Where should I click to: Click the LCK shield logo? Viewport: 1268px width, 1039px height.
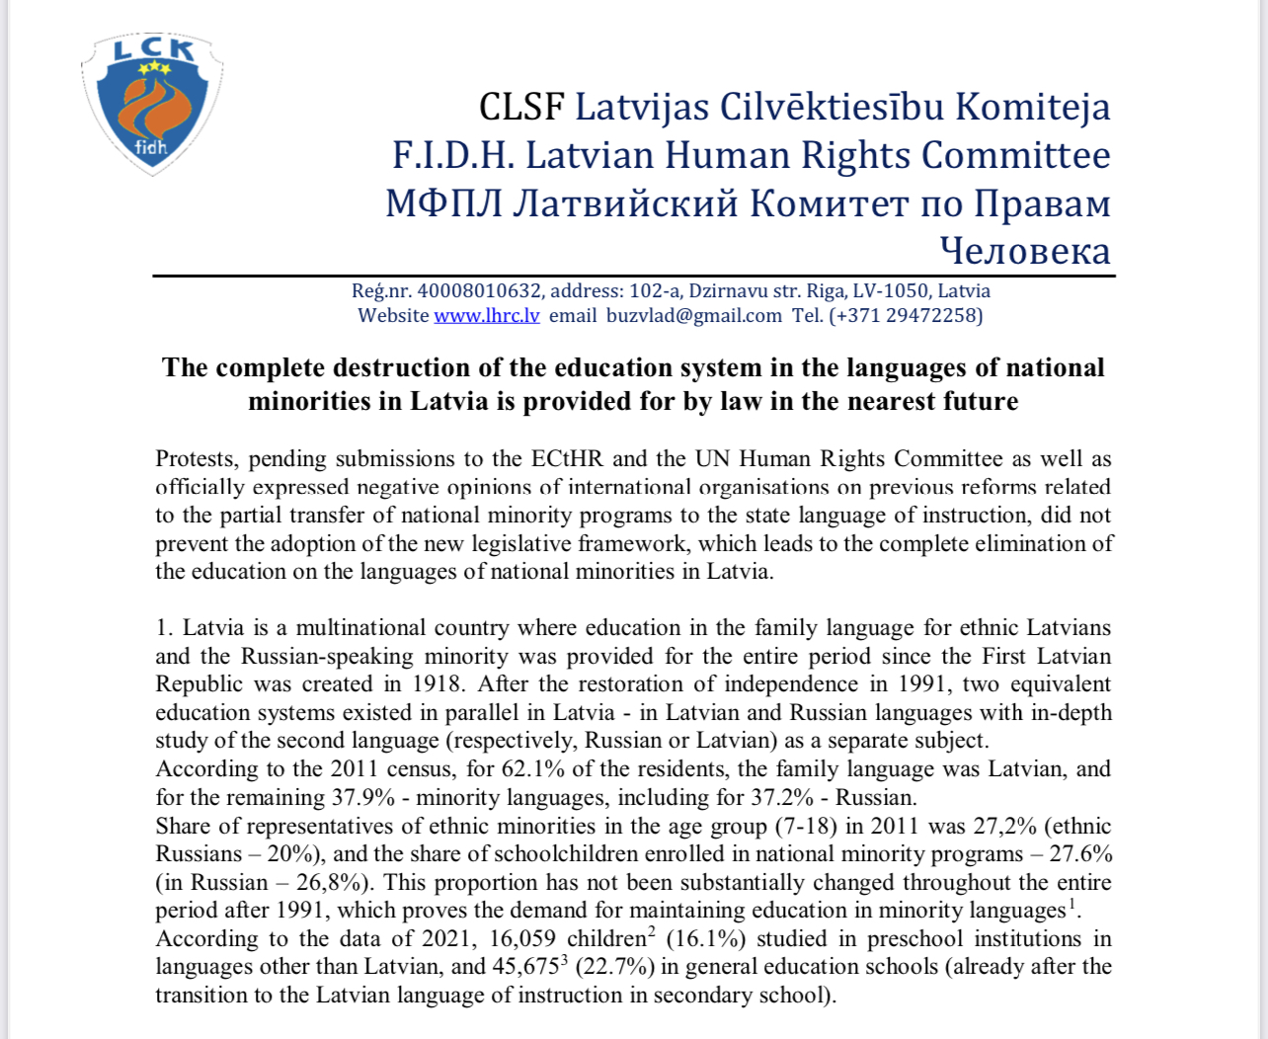(151, 104)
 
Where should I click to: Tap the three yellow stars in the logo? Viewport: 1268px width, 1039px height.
(154, 68)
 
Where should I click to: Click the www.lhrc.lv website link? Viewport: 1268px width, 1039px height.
(487, 316)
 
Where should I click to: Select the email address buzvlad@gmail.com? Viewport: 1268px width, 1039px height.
(693, 316)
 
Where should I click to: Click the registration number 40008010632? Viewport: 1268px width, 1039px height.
(479, 291)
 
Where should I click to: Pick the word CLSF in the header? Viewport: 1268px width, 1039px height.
(521, 107)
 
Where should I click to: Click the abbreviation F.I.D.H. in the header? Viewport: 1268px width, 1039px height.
(452, 155)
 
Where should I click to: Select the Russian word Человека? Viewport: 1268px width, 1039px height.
(1024, 251)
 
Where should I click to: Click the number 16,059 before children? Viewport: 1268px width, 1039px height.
(530, 939)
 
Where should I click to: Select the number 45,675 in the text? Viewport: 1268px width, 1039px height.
(525, 967)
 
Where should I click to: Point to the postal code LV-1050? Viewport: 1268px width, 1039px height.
(891, 291)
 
